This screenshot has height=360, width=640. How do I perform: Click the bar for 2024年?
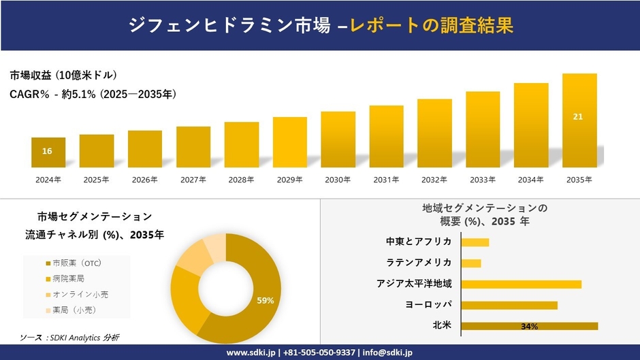(x=48, y=152)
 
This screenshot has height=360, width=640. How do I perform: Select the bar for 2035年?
(x=579, y=120)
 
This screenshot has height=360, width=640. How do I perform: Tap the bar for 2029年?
(x=290, y=142)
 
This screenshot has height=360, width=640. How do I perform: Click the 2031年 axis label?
(x=386, y=180)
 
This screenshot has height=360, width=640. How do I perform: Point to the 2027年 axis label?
(x=193, y=180)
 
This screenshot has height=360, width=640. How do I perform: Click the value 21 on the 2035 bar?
(x=578, y=117)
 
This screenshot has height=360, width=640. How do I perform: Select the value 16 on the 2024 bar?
(x=47, y=151)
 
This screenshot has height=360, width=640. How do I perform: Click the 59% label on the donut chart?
(x=266, y=300)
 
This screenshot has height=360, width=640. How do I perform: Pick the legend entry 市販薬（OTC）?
(x=76, y=263)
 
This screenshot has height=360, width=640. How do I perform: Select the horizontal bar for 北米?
(x=529, y=326)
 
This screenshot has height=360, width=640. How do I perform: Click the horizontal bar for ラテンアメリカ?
(x=471, y=263)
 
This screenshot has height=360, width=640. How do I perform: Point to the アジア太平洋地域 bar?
(x=521, y=284)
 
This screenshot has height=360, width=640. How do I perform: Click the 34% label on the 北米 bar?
(x=529, y=327)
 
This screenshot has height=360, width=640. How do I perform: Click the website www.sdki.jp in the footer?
(x=250, y=353)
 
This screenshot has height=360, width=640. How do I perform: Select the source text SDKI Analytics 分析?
(x=80, y=338)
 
